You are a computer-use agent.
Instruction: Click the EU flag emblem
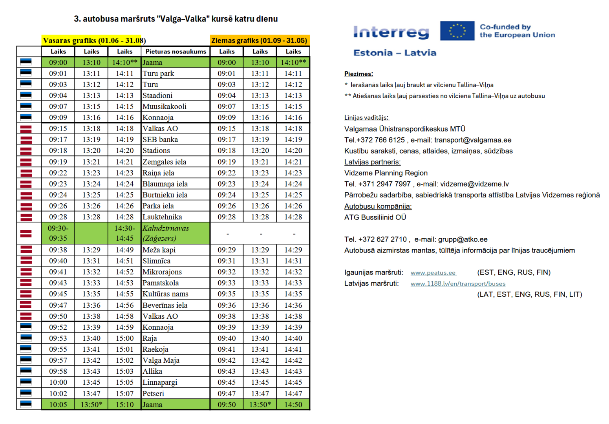[457, 31]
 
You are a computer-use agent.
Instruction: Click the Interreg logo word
[391, 32]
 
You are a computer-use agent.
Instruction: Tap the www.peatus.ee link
[433, 272]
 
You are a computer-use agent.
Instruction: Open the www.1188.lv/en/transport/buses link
[458, 283]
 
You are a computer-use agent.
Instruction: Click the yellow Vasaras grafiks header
[92, 40]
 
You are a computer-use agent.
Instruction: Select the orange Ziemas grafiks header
[260, 40]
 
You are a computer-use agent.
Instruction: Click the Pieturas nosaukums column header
[176, 51]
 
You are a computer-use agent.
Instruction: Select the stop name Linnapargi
[160, 382]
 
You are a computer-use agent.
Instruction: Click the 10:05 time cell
[58, 404]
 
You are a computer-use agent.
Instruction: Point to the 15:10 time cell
[124, 404]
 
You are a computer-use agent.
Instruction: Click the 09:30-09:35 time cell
[58, 233]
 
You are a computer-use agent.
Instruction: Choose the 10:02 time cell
[58, 393]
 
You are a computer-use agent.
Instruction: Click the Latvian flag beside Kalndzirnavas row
[26, 233]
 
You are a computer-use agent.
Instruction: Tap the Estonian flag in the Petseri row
[26, 393]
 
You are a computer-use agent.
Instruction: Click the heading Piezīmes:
[358, 74]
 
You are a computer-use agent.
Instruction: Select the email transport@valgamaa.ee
[473, 140]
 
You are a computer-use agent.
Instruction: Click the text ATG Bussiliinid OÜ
[375, 217]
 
